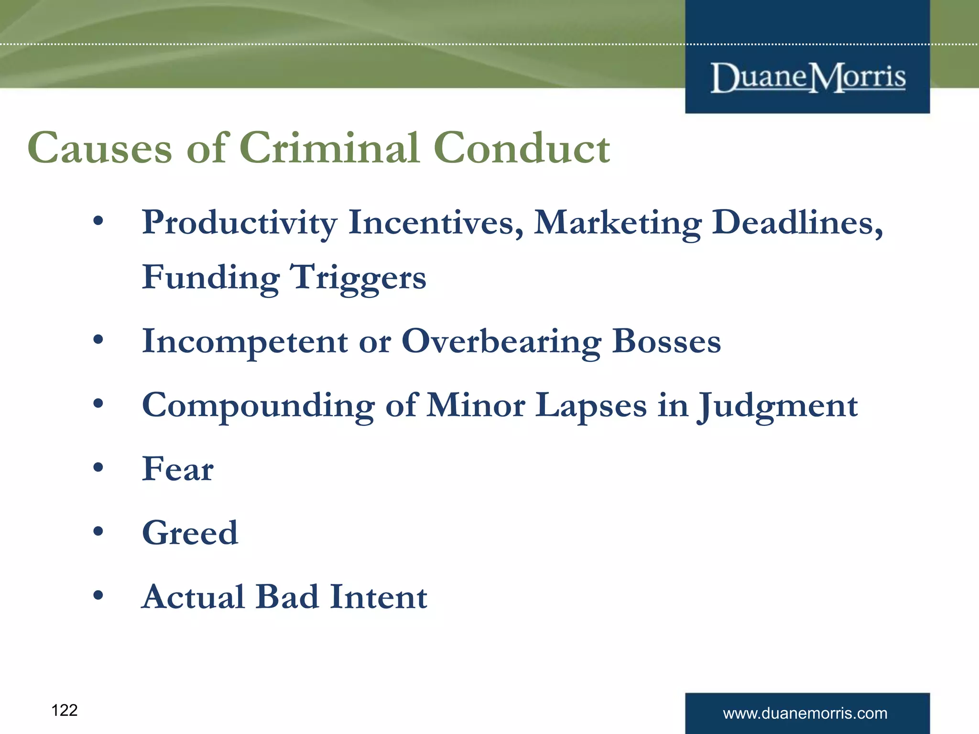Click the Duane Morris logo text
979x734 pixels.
[x=808, y=77]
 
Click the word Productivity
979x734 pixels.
[x=239, y=223]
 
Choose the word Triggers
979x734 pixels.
[x=359, y=278]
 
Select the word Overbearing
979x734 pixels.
[x=501, y=342]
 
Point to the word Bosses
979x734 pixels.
[x=666, y=342]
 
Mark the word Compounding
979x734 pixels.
[x=258, y=406]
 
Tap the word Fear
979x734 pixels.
[x=178, y=469]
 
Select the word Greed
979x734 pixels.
[x=190, y=533]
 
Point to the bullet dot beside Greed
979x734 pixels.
[x=98, y=531]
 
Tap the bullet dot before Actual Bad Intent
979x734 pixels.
[x=98, y=595]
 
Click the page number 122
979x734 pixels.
[x=65, y=711]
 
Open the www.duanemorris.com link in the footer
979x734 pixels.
[x=805, y=713]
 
